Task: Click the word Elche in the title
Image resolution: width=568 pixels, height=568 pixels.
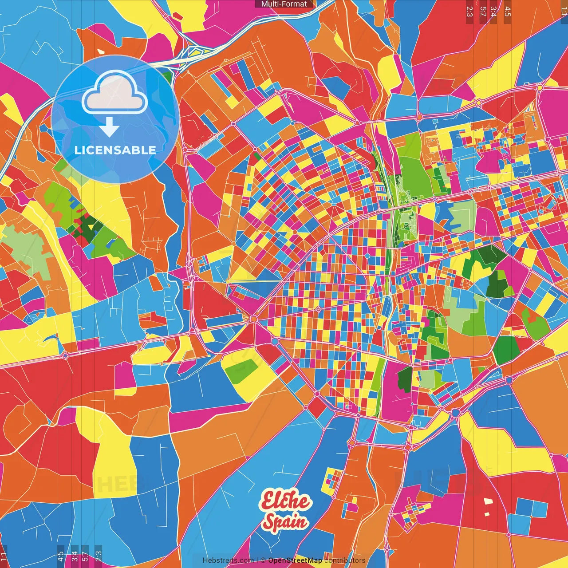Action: pos(285,501)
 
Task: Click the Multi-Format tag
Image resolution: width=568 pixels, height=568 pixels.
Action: pos(284,4)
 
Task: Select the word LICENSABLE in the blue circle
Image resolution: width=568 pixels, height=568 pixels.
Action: pos(115,150)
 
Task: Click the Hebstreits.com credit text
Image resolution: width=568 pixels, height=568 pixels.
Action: pos(228,560)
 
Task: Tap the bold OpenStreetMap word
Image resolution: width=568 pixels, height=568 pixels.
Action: pos(295,560)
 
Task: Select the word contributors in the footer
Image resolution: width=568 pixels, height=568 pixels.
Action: pos(345,560)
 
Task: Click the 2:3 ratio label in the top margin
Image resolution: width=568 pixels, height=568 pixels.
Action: pos(469,11)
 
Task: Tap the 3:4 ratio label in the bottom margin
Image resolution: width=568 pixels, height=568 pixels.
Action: pos(75,556)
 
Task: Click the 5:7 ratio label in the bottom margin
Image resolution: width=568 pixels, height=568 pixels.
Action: pos(85,556)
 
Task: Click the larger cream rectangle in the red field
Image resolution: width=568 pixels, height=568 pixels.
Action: pos(488,501)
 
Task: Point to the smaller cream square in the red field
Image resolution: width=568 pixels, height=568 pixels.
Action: pos(487,514)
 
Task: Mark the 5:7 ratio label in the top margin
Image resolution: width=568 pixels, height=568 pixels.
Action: pos(483,11)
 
